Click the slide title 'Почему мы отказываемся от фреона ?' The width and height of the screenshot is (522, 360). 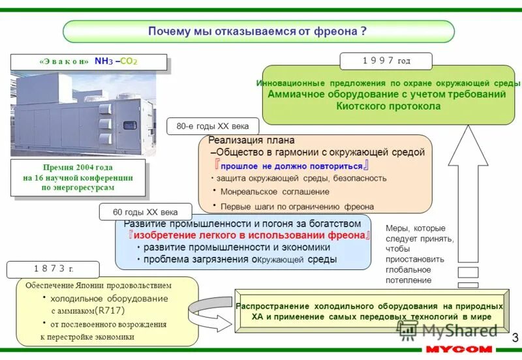click(258, 31)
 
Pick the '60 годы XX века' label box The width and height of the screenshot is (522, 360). click(146, 212)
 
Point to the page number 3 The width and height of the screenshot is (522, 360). click(515, 337)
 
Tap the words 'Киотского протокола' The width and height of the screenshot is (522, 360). click(388, 106)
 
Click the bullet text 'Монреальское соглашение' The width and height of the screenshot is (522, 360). click(274, 192)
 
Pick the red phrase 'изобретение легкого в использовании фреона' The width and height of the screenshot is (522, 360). click(250, 235)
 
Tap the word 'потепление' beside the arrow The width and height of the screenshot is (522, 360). click(408, 280)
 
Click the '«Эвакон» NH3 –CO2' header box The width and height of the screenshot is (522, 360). click(89, 61)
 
